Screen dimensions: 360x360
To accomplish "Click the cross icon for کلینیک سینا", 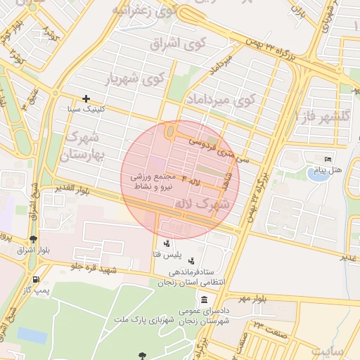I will coord(86,99).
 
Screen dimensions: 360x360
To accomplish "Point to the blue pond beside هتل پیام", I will coord(318,173).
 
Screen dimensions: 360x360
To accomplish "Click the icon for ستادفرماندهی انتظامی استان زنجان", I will coord(192,261).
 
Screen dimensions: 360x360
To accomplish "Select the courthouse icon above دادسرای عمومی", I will coord(204,300).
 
